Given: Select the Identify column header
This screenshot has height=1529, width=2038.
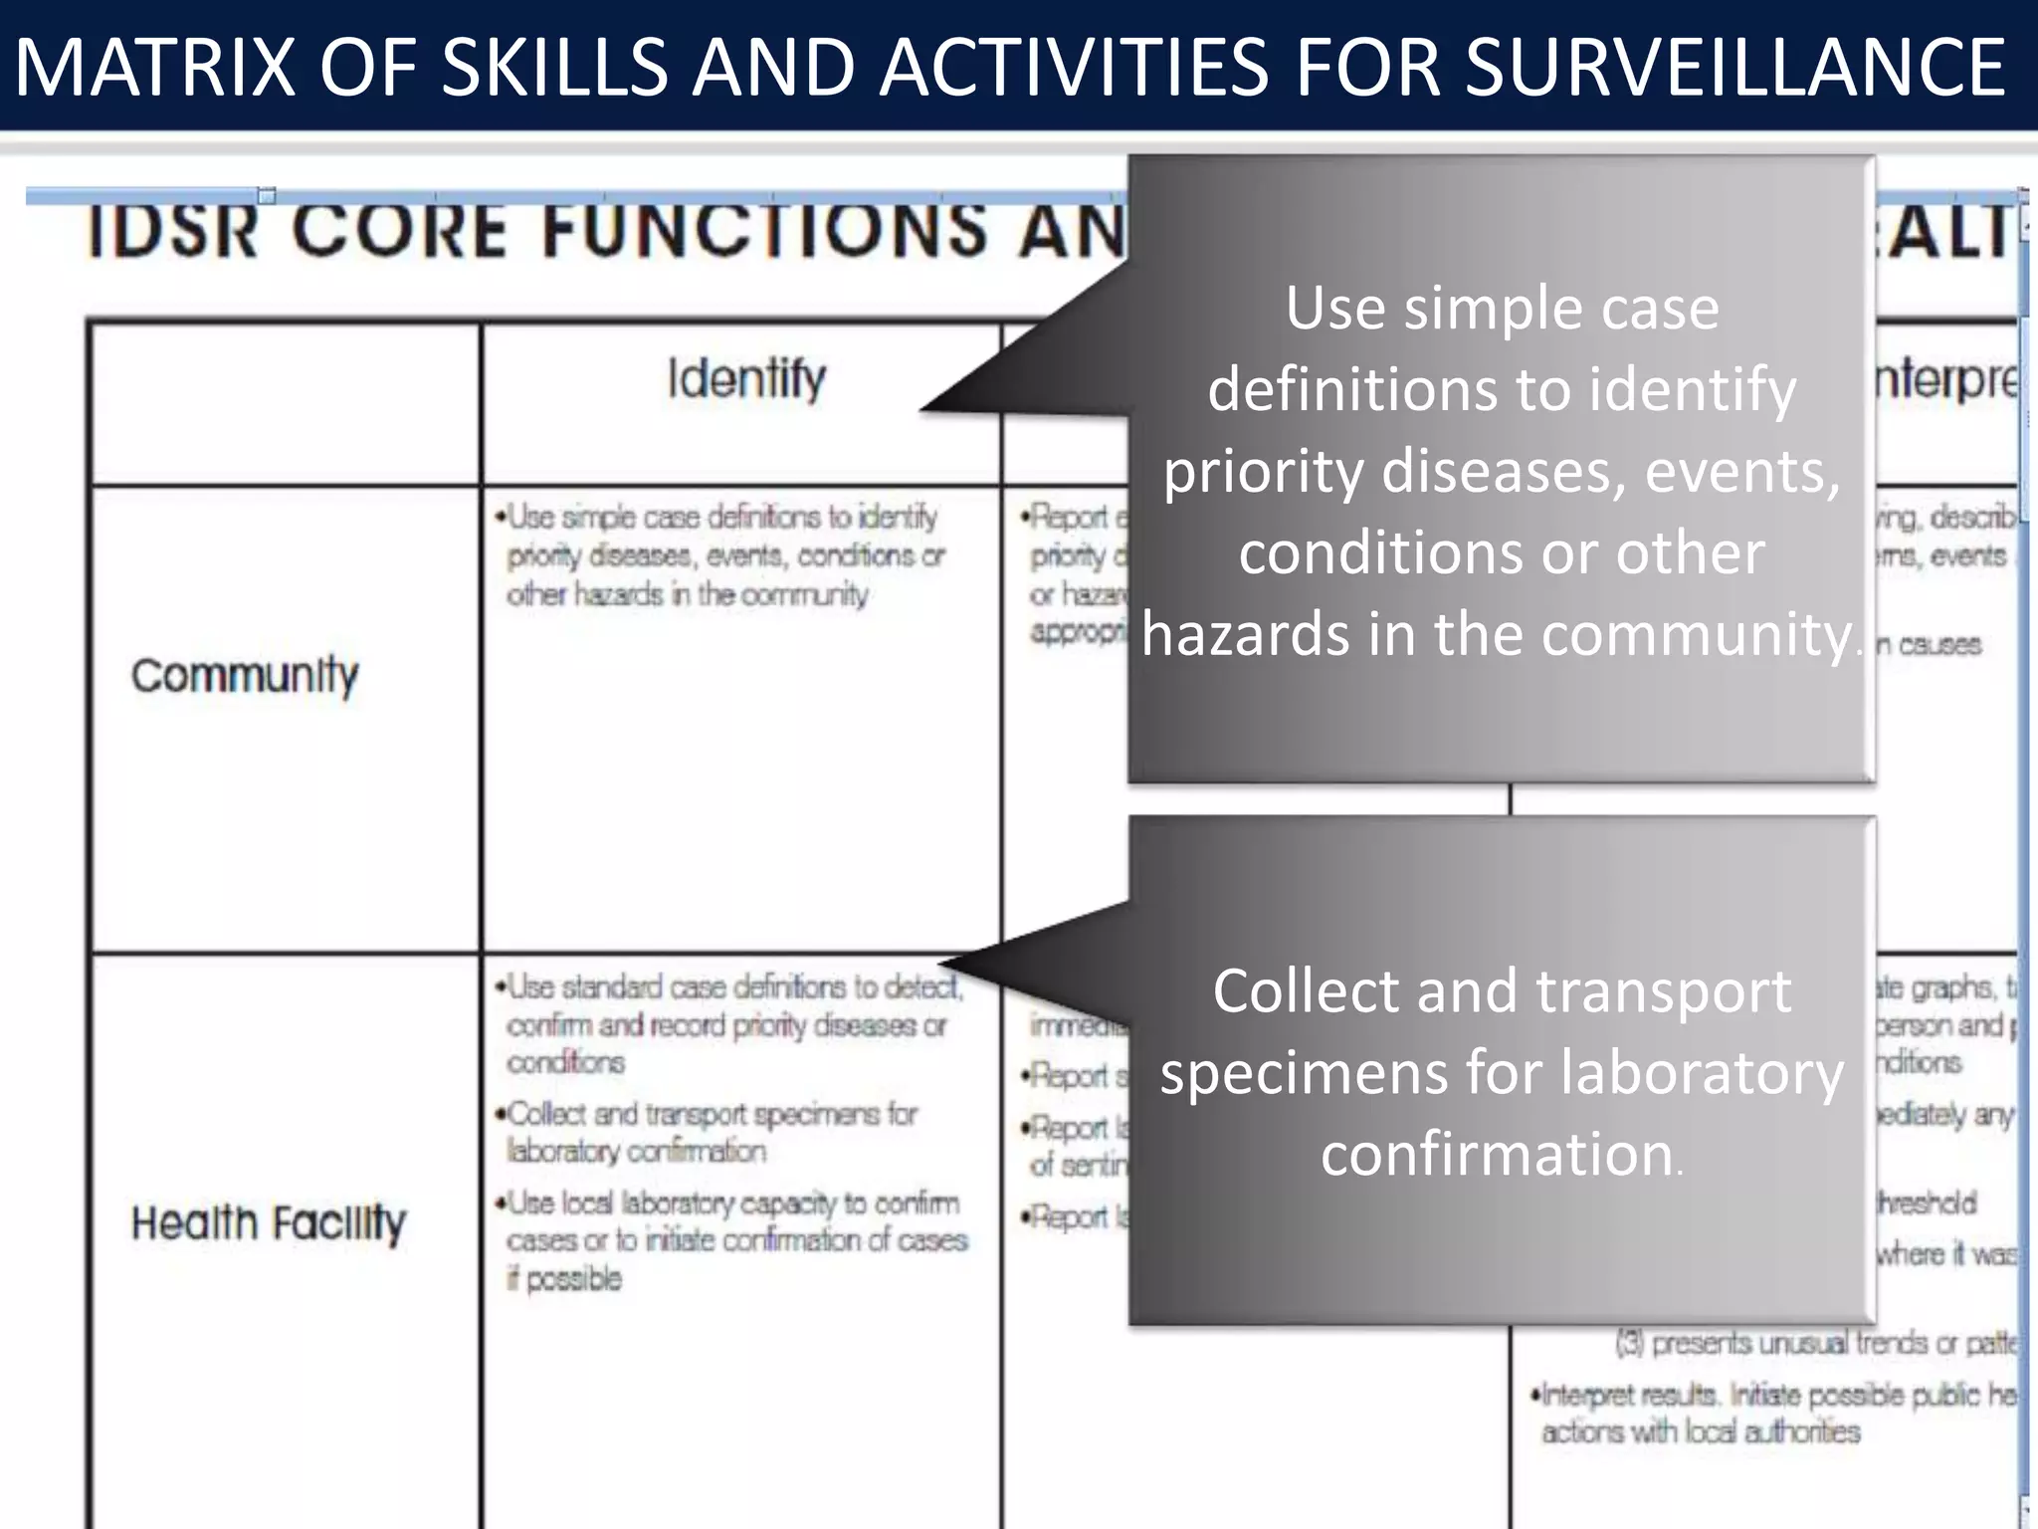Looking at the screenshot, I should (746, 379).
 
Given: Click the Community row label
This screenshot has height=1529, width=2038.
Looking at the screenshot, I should (245, 676).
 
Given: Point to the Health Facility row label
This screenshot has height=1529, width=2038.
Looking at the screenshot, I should (269, 1222).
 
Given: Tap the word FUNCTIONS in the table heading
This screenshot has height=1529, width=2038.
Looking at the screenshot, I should (765, 231).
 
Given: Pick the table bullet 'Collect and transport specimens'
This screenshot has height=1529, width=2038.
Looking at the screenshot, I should (712, 1132).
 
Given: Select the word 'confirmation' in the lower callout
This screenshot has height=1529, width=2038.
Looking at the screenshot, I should (1497, 1154).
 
